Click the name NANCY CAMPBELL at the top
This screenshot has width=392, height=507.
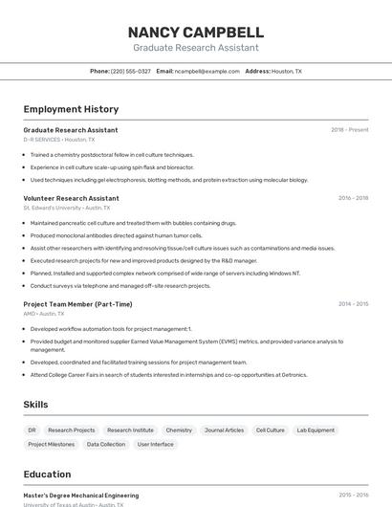point(195,32)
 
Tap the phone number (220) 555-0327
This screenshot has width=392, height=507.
point(130,71)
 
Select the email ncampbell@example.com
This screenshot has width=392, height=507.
point(207,71)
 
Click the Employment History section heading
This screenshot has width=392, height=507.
point(71,109)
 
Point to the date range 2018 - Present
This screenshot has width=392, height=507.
point(349,130)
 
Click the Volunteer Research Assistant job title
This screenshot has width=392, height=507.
point(71,198)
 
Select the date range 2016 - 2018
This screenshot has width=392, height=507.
point(353,198)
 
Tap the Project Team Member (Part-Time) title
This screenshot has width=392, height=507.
point(77,304)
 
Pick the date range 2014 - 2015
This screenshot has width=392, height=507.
point(353,304)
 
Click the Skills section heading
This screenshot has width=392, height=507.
point(35,405)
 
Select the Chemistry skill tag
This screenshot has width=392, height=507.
point(179,430)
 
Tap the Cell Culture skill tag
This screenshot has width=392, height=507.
point(270,430)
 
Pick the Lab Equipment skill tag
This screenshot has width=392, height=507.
point(316,430)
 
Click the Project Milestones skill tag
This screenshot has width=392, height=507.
point(51,444)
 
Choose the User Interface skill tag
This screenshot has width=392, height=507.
point(155,444)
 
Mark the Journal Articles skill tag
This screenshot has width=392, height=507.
point(224,430)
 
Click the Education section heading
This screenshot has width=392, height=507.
point(47,474)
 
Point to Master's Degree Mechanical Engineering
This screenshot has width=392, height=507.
point(80,496)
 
